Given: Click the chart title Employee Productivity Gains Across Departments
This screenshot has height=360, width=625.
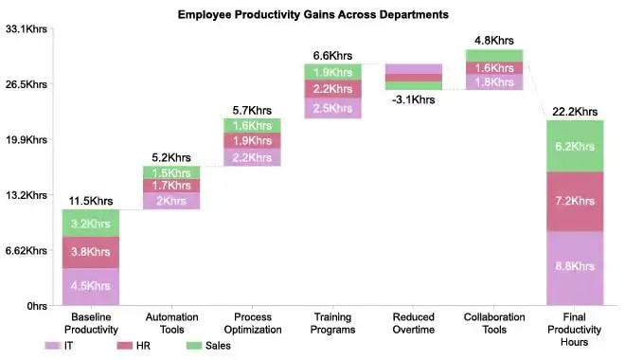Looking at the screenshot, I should coord(312,15).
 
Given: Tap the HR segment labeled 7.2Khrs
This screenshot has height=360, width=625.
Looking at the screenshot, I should coord(575,202).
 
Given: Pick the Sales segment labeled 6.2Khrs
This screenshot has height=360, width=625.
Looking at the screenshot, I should coord(575,146).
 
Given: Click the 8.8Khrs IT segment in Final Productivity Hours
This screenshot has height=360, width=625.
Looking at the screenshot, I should coord(575,268).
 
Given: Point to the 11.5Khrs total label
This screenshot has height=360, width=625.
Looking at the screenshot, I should coord(91,201).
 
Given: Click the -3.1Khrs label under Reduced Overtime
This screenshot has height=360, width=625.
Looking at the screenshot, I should coord(413,97).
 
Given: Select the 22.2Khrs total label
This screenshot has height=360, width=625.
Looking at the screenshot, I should coord(575,112).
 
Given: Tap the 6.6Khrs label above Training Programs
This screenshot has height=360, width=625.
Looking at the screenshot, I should coord(332,55).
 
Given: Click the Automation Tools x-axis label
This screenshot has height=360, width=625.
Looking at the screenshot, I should coord(171,322).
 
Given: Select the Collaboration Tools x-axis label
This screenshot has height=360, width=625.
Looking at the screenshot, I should coord(493,322).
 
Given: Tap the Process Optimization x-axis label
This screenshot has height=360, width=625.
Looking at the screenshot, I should coord(252,322).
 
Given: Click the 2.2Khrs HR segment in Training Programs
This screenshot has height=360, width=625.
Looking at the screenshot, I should coord(332,89).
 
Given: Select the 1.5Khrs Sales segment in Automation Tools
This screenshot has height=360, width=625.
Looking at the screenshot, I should coord(171,172).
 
